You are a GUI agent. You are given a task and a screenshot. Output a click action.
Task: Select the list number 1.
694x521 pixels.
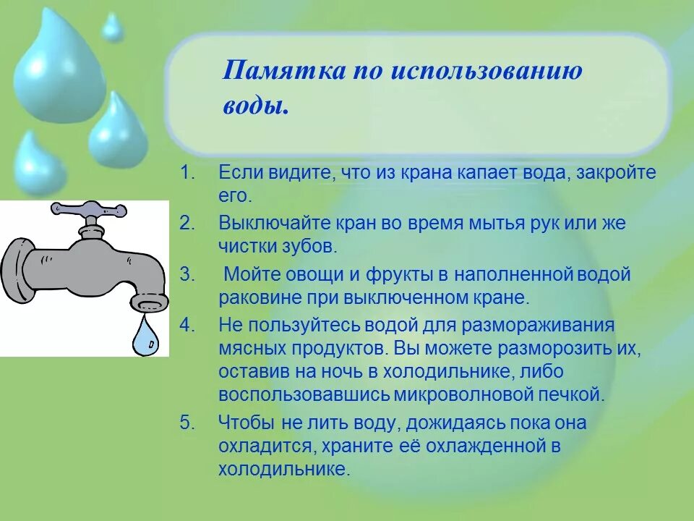[x=187, y=174]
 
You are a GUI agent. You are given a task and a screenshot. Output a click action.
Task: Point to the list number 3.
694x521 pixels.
[x=187, y=275]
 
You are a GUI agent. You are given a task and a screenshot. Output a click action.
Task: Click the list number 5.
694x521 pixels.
[x=187, y=423]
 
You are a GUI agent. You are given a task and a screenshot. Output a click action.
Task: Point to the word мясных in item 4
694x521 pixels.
[x=254, y=347]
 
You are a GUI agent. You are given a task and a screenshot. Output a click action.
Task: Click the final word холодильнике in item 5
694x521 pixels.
[x=283, y=469]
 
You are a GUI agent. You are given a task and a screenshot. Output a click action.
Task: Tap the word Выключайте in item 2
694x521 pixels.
[x=265, y=224]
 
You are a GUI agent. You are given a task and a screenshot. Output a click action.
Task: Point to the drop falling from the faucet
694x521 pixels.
[x=147, y=336]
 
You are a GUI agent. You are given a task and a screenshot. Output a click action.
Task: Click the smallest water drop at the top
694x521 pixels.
[x=112, y=27]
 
